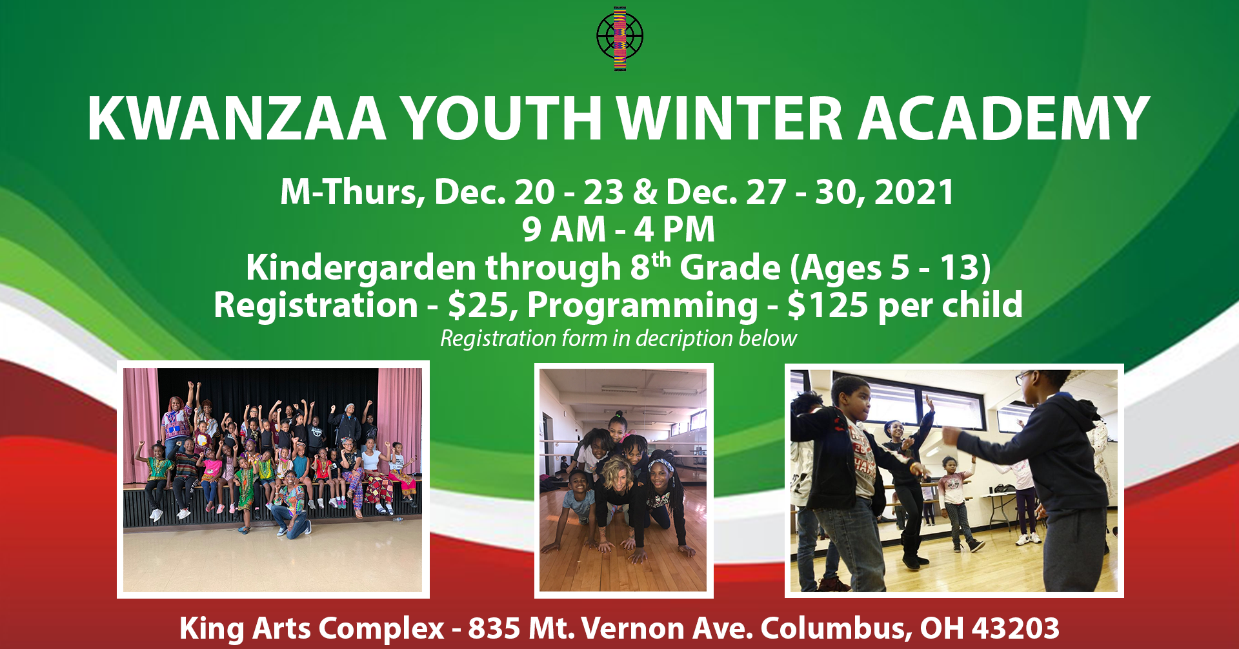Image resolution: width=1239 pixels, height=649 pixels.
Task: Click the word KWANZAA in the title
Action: coord(237,119)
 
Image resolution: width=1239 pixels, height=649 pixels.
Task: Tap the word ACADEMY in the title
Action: coord(1004,119)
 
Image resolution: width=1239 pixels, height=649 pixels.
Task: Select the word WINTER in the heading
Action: coord(730,119)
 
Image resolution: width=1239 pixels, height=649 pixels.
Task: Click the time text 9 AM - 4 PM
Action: coord(619,230)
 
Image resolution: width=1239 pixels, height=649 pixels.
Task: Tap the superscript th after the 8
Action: coord(661,260)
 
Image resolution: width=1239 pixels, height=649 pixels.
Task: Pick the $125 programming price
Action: coord(828,305)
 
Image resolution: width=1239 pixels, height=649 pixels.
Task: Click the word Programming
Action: coord(643,307)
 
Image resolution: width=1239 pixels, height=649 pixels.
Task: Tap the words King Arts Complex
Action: coord(312,628)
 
